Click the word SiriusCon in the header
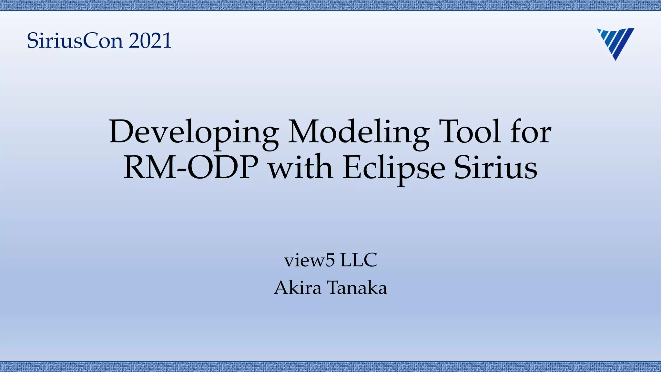point(75,41)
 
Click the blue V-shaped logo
point(615,43)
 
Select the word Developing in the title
point(194,132)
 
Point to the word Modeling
point(359,132)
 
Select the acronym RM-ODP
point(191,168)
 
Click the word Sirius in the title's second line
point(496,168)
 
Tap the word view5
point(310,260)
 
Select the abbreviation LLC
point(359,260)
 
